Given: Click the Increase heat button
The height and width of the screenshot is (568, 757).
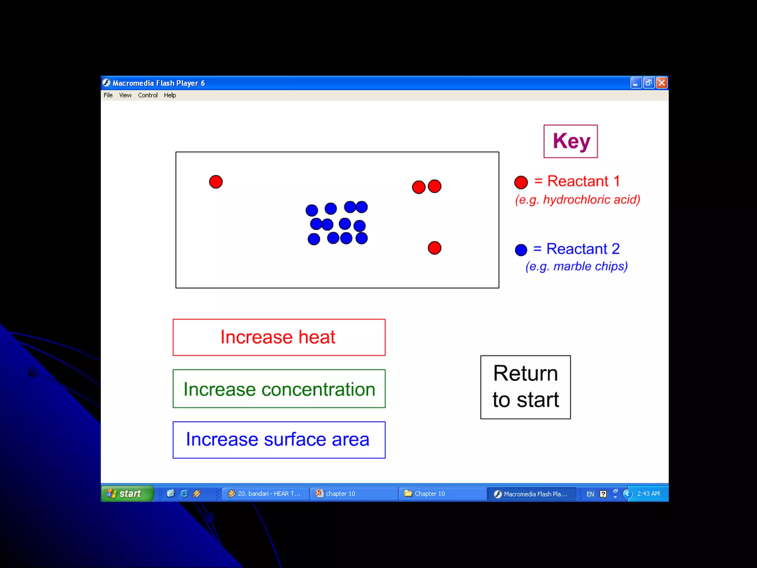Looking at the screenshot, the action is tap(279, 337).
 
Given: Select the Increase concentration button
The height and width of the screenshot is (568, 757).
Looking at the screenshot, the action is tap(279, 389).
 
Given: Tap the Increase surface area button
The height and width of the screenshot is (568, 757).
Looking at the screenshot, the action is tap(279, 440).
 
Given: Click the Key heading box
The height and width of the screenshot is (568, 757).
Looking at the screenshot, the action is tap(570, 141).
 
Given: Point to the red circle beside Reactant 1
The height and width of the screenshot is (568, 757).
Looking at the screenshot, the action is tap(521, 182).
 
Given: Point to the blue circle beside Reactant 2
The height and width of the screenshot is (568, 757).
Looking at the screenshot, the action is tap(521, 250).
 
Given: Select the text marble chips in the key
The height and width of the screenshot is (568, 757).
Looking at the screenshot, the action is tap(590, 266).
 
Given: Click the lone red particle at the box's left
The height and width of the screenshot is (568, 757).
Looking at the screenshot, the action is tap(216, 182).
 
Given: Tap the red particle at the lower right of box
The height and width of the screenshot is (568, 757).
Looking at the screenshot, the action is tap(434, 248).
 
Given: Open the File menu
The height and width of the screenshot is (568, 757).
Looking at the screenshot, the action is tap(108, 95).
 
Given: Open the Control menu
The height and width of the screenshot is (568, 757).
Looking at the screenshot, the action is tap(147, 95).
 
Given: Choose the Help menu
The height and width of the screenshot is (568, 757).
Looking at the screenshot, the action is tap(170, 95).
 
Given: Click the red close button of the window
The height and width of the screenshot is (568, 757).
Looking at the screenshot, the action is tap(662, 83).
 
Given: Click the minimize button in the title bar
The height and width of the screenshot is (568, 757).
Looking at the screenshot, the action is tap(636, 83).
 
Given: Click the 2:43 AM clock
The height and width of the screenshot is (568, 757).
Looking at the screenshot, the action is tap(648, 494).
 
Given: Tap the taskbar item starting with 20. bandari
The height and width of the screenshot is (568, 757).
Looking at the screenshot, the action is tap(265, 494).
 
